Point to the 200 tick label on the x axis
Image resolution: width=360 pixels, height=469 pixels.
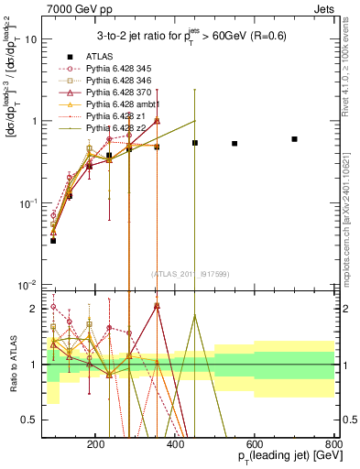coord(96,442)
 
